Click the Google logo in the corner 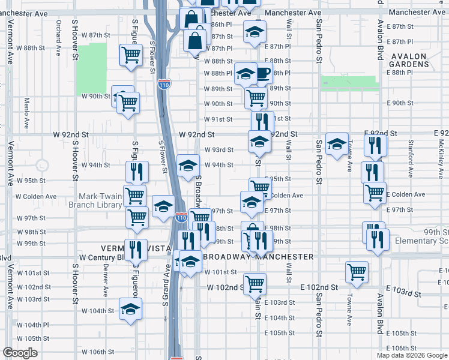20,353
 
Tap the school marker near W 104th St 129,308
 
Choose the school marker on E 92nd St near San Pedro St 337,143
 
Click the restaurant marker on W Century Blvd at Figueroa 135,248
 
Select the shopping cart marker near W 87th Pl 130,55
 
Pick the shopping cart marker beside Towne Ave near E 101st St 357,271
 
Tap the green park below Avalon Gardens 349,83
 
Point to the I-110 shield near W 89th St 163,85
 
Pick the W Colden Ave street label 36,196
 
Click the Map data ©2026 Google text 412,355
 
